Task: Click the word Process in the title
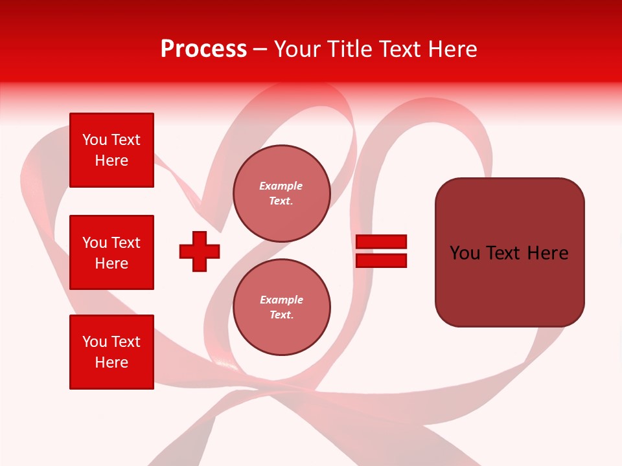pos(203,49)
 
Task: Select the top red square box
pos(111,150)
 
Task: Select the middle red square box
pos(111,252)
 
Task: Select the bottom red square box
pos(111,352)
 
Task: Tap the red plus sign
pos(200,251)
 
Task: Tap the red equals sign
pos(381,251)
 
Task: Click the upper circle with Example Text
pos(281,194)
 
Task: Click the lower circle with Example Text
pos(281,307)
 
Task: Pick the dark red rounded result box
pos(509,252)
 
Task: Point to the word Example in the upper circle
pos(281,186)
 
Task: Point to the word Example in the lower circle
pos(281,300)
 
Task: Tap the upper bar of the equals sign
pos(381,241)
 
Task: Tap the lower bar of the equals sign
pos(381,261)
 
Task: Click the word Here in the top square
pos(111,161)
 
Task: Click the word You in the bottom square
pos(95,342)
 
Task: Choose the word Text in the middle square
pos(126,243)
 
